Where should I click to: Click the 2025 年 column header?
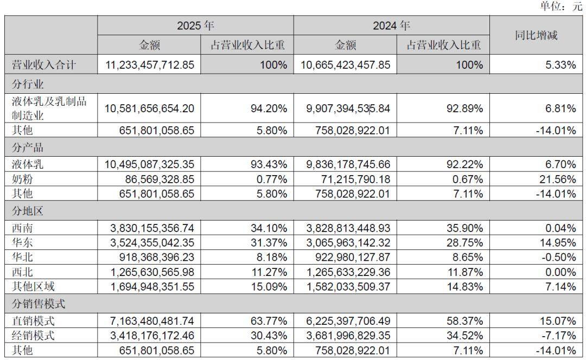click(x=195, y=25)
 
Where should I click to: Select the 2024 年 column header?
click(x=391, y=25)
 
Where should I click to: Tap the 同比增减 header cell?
click(x=536, y=36)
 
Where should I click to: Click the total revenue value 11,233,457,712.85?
click(x=149, y=65)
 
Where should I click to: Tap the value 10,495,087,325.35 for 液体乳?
click(x=149, y=163)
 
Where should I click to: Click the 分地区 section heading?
click(x=28, y=208)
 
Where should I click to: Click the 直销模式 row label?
click(x=33, y=321)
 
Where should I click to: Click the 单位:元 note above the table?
click(x=560, y=7)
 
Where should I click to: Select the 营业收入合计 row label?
click(x=44, y=65)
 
